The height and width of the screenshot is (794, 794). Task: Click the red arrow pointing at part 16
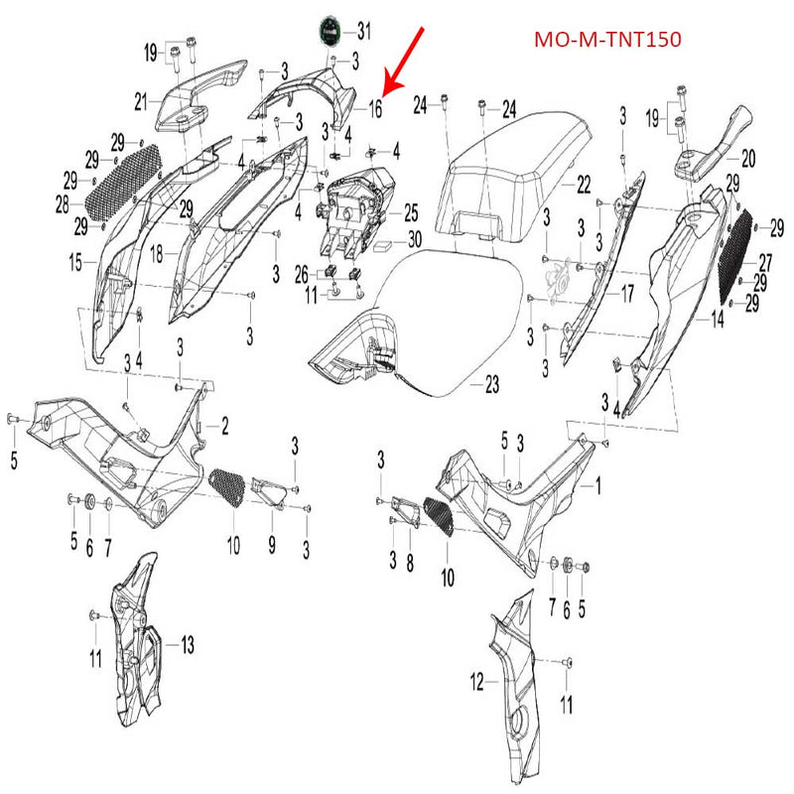point(405,63)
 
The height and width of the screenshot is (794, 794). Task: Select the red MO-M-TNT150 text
point(607,42)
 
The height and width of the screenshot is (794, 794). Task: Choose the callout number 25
point(410,211)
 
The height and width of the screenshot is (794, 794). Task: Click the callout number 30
point(414,239)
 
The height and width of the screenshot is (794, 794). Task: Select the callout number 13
point(187,645)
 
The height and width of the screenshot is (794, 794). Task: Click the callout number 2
point(224,427)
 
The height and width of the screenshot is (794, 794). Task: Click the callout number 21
point(141,99)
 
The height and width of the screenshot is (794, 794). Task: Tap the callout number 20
point(748,156)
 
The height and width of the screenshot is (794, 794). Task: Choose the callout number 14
point(718,320)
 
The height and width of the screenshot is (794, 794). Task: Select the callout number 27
point(764,262)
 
